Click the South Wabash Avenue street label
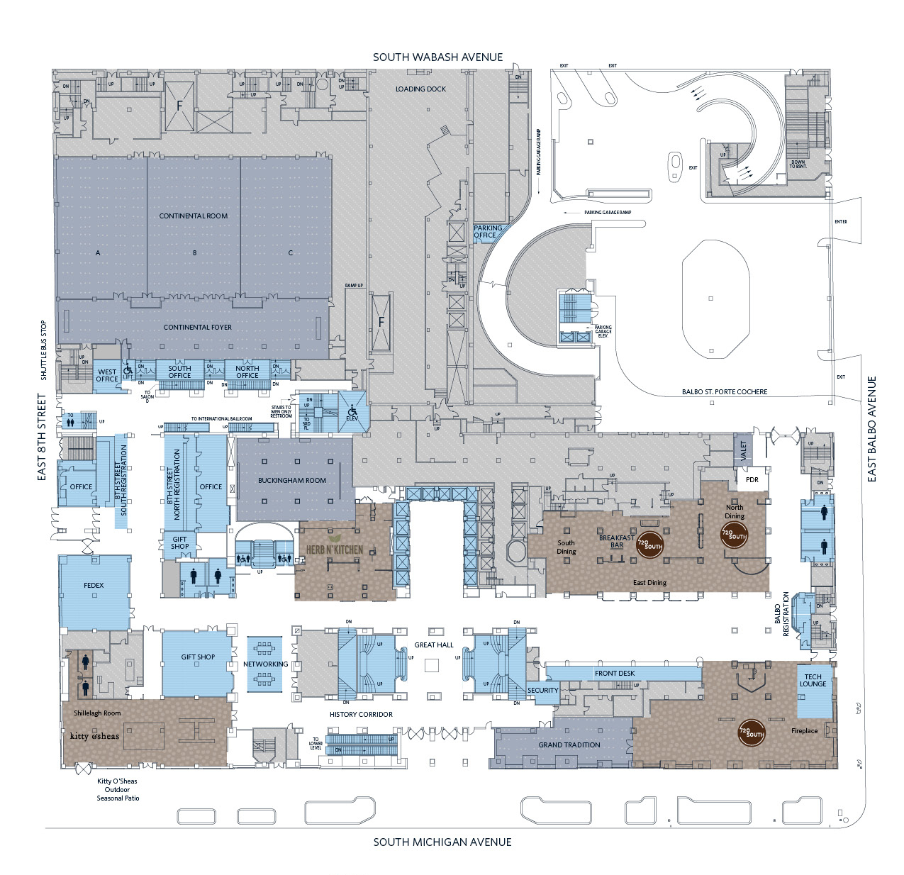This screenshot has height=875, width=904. (437, 57)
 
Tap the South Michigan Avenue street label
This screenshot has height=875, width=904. (442, 842)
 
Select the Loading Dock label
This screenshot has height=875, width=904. (420, 89)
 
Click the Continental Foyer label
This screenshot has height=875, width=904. (197, 328)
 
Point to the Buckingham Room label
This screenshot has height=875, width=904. (292, 481)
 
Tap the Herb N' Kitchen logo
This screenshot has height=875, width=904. (334, 550)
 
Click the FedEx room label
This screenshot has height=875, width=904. (94, 586)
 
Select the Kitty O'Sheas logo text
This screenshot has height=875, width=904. (95, 736)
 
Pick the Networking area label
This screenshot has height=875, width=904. (265, 664)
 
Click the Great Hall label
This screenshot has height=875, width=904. (434, 645)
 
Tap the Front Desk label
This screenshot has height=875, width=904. (615, 674)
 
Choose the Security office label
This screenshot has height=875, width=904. (543, 691)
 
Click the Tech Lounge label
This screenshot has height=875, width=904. (813, 681)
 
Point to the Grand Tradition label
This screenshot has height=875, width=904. (569, 745)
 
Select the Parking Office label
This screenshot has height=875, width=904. (488, 232)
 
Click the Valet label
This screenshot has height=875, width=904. (743, 450)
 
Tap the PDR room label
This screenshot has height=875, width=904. (752, 480)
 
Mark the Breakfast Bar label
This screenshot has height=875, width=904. (617, 542)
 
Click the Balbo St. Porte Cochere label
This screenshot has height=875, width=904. (725, 392)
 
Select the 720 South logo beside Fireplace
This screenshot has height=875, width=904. (752, 732)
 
